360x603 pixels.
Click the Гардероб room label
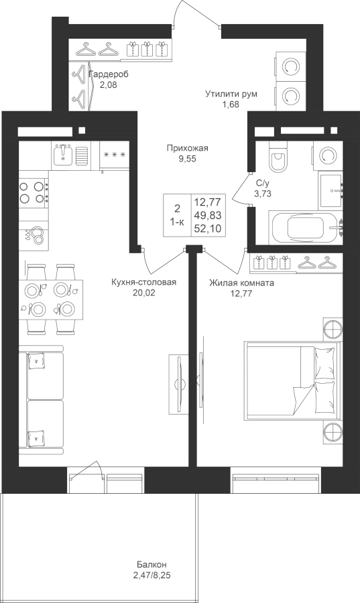[x=109, y=74]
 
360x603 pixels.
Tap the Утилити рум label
[x=231, y=94]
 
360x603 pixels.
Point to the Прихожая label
[x=187, y=148]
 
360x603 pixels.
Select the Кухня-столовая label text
[x=143, y=283]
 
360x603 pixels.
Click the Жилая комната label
[x=241, y=283]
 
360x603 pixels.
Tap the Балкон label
[x=152, y=565]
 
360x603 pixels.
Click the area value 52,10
[x=208, y=228]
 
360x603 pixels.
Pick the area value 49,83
[x=208, y=215]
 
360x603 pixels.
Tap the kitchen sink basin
[x=63, y=155]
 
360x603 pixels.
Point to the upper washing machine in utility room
[x=290, y=67]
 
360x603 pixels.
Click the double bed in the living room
[x=292, y=380]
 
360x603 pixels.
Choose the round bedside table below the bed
[x=333, y=433]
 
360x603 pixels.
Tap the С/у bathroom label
[x=262, y=188]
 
